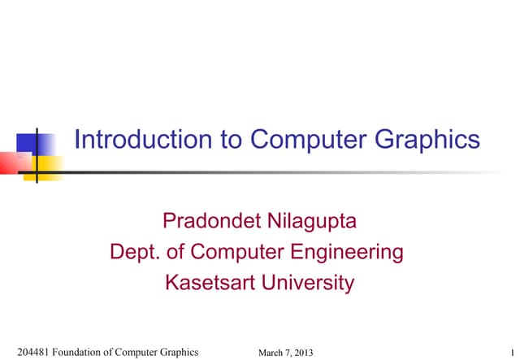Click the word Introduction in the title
point(144,140)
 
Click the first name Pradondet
point(208,220)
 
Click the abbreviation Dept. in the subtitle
point(133,252)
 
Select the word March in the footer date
point(272,352)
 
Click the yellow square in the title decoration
point(47,167)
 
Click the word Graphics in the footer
point(177,352)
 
